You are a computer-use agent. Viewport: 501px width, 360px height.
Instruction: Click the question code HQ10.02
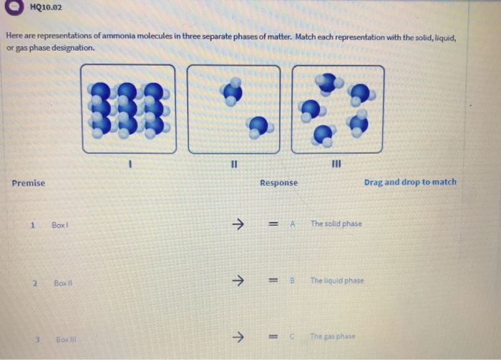pyautogui.click(x=47, y=9)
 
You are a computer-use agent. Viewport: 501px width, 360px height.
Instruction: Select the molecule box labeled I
pyautogui.click(x=128, y=109)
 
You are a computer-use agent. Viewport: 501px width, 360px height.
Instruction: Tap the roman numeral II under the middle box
pyautogui.click(x=233, y=163)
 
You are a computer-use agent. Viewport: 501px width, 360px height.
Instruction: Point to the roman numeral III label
pyautogui.click(x=338, y=164)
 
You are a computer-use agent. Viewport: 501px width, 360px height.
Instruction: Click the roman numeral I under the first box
pyautogui.click(x=129, y=163)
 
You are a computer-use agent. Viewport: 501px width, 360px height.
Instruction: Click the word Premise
pyautogui.click(x=28, y=183)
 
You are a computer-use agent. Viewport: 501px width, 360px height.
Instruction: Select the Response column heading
pyautogui.click(x=278, y=183)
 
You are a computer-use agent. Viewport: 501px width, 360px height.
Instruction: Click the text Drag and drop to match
pyautogui.click(x=409, y=183)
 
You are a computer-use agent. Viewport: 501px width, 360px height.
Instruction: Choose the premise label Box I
pyautogui.click(x=60, y=225)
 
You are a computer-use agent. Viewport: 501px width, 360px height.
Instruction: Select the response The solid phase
pyautogui.click(x=336, y=224)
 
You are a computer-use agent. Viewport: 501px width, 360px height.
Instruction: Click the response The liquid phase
pyautogui.click(x=337, y=281)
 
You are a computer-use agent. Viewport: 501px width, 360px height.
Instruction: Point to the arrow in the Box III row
pyautogui.click(x=238, y=336)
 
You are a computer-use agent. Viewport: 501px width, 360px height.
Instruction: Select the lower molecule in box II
pyautogui.click(x=258, y=127)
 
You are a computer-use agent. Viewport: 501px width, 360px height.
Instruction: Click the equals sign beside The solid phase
pyautogui.click(x=273, y=224)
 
